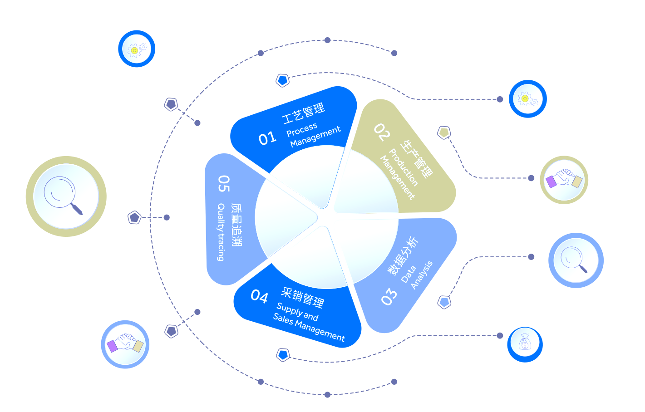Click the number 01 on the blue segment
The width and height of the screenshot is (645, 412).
pos(267,138)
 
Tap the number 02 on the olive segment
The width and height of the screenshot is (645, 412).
pos(382,132)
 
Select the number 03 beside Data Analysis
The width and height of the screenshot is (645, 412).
pos(389,296)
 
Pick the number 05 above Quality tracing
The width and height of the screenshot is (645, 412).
pos(224,183)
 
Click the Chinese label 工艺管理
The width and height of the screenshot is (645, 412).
pos(304,113)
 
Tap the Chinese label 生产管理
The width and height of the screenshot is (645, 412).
pos(416,159)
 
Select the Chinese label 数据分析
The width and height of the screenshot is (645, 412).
pos(403,256)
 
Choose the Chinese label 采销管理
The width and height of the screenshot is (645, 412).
pos(302,297)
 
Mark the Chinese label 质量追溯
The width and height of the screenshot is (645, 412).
pos(236,225)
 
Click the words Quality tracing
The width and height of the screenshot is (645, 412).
pos(221,232)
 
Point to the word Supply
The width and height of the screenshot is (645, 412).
pos(289,310)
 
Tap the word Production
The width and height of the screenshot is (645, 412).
pos(403,167)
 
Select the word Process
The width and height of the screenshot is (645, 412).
pos(302,130)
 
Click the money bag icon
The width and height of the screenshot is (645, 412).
pos(525,342)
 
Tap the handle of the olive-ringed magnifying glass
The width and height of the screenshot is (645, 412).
pos(77,208)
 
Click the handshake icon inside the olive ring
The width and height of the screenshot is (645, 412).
pos(564,179)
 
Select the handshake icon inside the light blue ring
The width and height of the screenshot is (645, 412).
pos(125,343)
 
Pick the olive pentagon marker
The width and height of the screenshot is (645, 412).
pos(444,132)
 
